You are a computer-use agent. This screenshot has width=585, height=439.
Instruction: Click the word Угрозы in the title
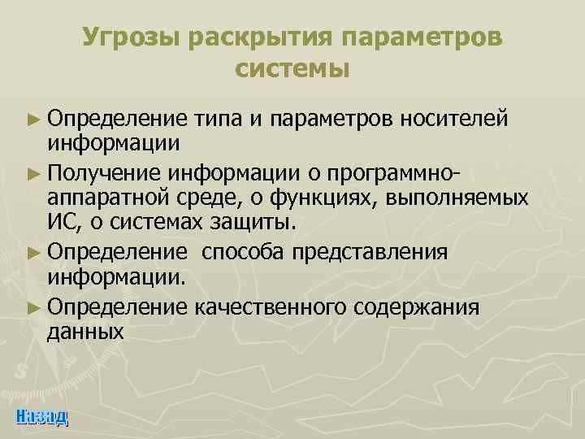pyautogui.click(x=132, y=38)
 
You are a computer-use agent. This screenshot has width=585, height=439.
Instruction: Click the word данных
pyautogui.click(x=85, y=332)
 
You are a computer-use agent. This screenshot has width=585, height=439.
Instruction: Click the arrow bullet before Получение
pyautogui.click(x=32, y=172)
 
